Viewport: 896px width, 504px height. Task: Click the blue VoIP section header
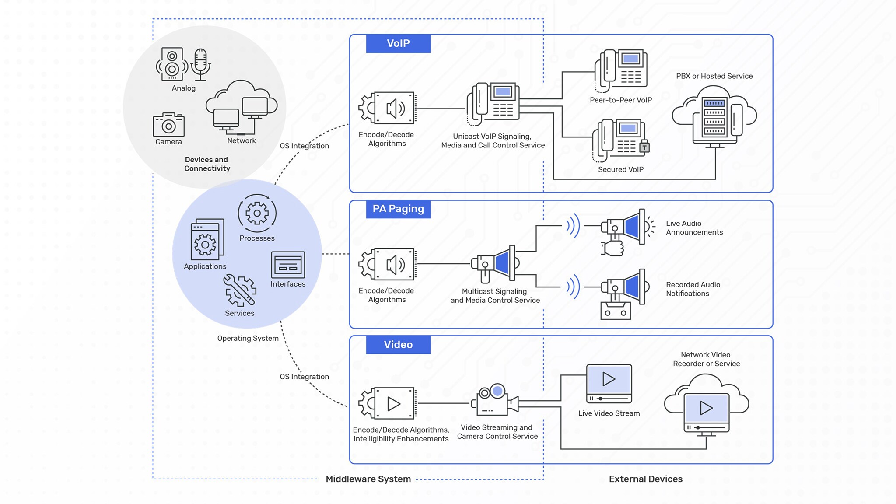point(398,43)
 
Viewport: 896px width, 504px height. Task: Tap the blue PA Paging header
point(398,209)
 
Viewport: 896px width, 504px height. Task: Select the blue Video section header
point(398,344)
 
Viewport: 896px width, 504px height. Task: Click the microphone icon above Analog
point(200,64)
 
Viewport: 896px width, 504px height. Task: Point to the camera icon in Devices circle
point(168,125)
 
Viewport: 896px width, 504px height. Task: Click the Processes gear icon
point(257,213)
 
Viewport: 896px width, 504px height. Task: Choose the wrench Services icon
point(240,290)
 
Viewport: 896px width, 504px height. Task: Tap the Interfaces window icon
point(288,265)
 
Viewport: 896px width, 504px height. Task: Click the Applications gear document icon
point(207,240)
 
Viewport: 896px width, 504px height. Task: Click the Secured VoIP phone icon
point(620,140)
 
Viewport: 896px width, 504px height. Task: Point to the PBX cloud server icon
point(714,116)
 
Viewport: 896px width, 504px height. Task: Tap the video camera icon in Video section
point(495,400)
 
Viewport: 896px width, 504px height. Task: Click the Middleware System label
point(368,479)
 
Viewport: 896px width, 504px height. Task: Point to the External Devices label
point(645,479)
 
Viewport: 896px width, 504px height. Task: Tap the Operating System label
point(248,338)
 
